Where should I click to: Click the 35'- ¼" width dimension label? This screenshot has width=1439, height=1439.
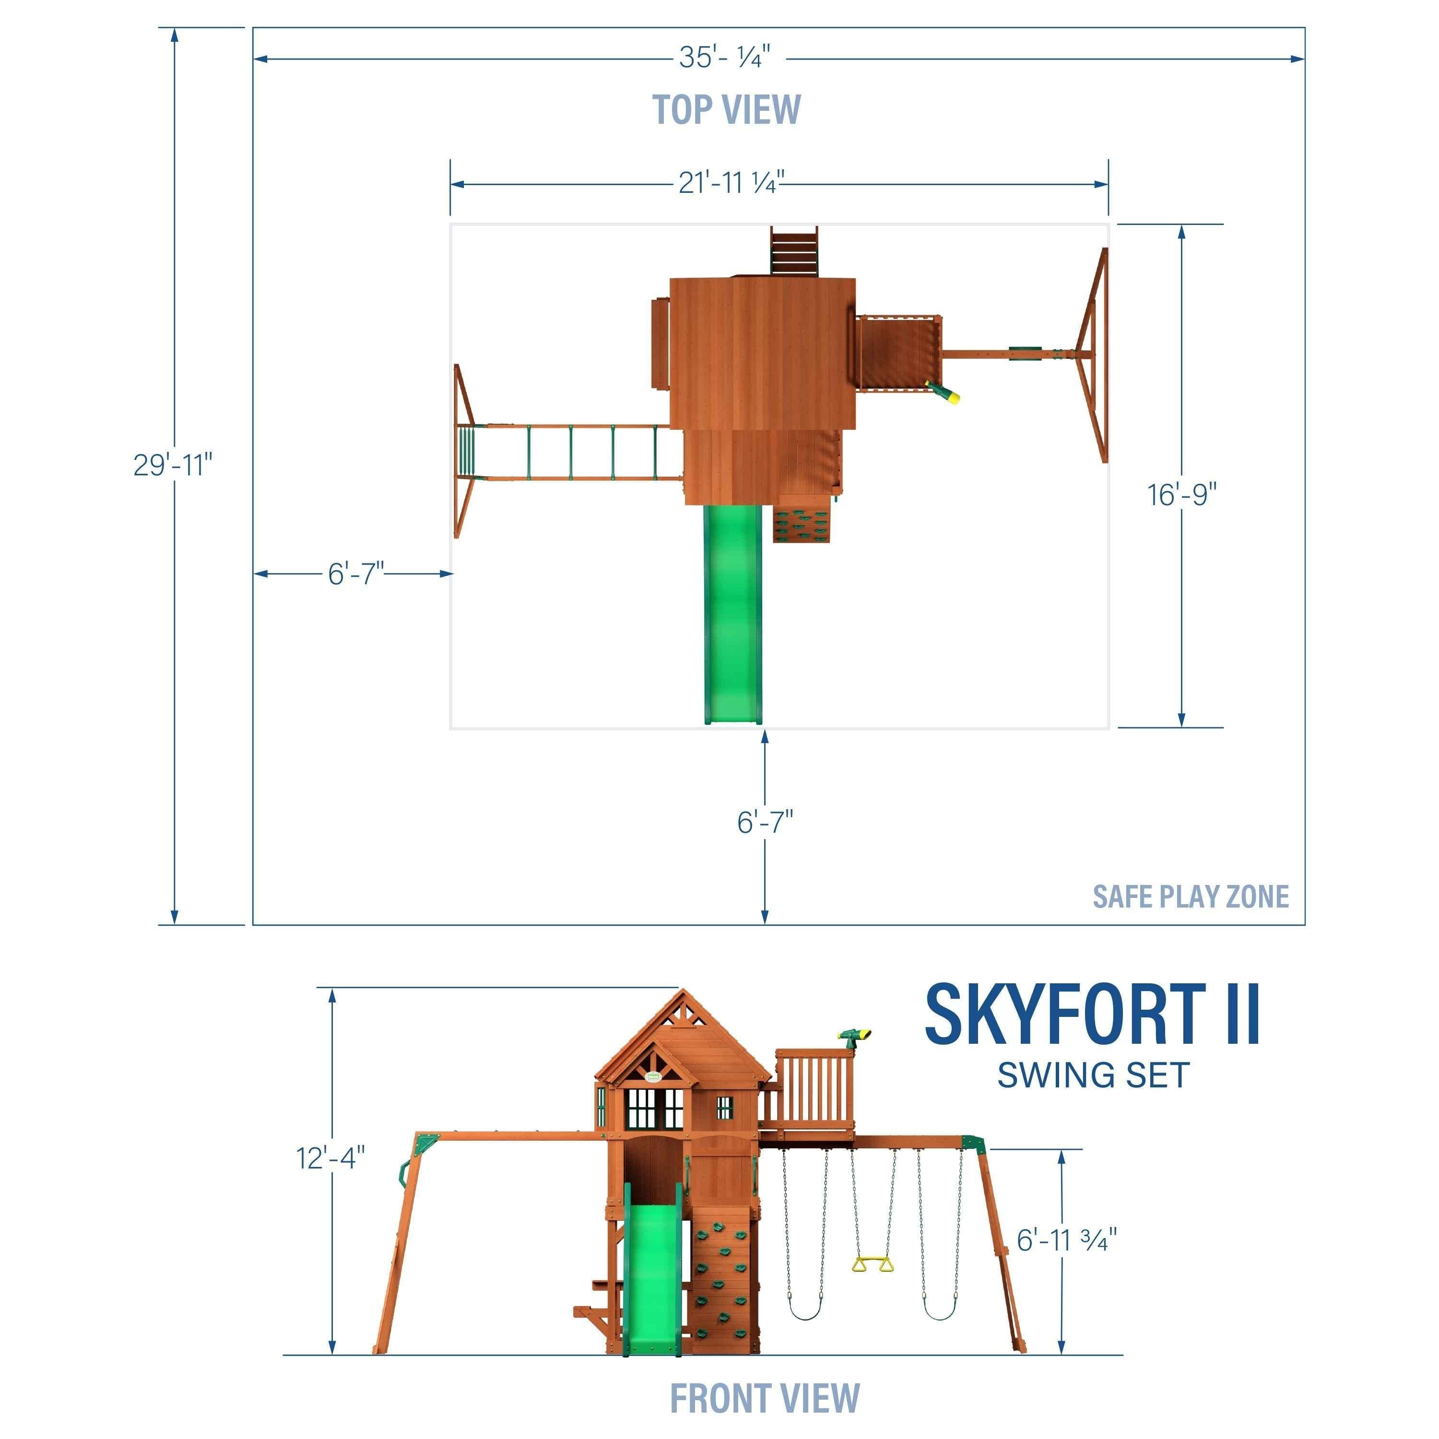pos(723,58)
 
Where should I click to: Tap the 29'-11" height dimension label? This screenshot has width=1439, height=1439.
pos(173,465)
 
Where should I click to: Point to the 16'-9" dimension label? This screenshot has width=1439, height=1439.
pos(1181,495)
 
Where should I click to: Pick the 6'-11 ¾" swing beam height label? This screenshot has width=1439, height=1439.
pos(1067,1240)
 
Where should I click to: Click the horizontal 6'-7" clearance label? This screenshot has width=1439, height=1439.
pos(356,574)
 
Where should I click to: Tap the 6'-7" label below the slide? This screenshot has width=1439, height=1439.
pos(765,822)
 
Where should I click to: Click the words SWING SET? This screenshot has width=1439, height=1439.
pos(1093,1075)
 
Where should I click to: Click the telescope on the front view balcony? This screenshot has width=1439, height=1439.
pos(855,1037)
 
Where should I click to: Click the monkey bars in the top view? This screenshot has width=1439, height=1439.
pos(570,453)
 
